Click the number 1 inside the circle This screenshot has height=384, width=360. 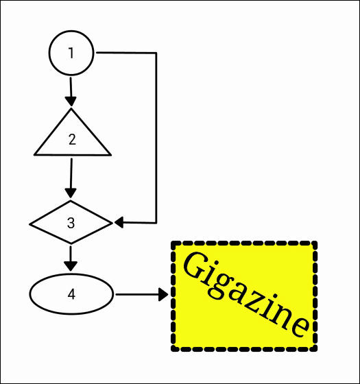point(71,53)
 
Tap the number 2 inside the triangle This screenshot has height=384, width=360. point(72,140)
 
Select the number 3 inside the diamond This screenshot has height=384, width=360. point(71,223)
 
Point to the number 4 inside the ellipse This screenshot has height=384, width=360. point(71,294)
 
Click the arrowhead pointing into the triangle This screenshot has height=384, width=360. point(71,101)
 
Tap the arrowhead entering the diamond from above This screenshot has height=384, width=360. point(71,193)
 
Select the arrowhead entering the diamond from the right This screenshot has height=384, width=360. point(119,223)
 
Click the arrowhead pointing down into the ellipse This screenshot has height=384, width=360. point(71,266)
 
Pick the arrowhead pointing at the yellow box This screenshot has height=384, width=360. point(163,294)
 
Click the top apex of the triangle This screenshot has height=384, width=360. point(71,109)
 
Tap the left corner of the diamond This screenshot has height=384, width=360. point(30,224)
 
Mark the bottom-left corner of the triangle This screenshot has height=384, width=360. point(34,155)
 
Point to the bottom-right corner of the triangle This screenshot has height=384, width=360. point(110,155)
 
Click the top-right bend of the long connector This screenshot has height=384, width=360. point(156,53)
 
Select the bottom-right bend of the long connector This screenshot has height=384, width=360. point(156,223)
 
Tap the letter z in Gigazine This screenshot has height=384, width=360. point(255,302)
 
